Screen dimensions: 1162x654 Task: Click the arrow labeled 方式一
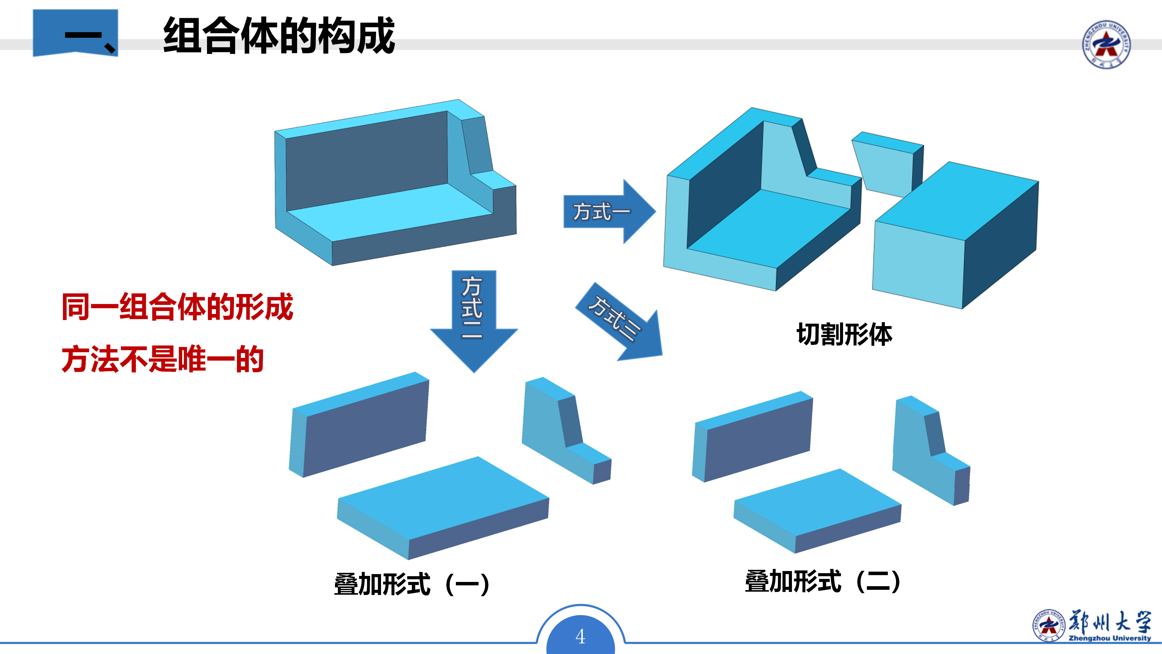[609, 211]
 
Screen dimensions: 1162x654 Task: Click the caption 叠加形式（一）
[412, 584]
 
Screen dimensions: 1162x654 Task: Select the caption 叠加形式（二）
[823, 581]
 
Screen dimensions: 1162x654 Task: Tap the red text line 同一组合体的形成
[177, 307]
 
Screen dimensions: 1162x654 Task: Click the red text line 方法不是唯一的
[162, 359]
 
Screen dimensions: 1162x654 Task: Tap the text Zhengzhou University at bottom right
[1110, 638]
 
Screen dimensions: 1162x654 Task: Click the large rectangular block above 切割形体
[955, 235]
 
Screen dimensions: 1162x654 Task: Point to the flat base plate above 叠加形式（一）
[443, 508]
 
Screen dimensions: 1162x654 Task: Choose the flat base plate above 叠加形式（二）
[817, 510]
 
